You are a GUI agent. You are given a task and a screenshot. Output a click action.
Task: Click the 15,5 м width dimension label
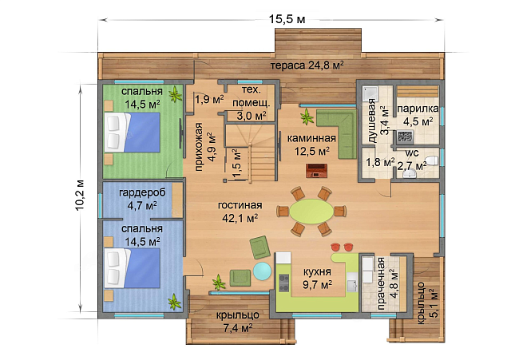[287, 19]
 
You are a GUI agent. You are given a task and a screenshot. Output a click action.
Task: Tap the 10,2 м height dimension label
[80, 195]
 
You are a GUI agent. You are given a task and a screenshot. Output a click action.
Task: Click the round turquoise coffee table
[262, 271]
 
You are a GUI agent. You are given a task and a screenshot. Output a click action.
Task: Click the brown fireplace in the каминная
[316, 170]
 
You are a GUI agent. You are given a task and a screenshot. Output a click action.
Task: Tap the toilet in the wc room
[432, 160]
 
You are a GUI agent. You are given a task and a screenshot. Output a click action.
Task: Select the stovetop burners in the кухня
[283, 283]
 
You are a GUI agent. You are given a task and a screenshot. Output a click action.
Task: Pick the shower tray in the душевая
[370, 93]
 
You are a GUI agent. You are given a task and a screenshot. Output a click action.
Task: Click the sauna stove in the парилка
[405, 136]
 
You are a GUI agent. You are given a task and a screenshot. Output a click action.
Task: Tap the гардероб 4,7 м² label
[142, 199]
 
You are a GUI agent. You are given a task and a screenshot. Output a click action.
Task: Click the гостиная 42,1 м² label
[240, 212]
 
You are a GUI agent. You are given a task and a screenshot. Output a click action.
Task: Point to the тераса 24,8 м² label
[307, 65]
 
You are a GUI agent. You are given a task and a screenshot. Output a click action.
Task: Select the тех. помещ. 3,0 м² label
[252, 102]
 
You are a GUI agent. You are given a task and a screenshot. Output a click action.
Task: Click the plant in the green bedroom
[176, 94]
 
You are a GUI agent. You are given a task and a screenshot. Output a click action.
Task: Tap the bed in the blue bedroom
[133, 268]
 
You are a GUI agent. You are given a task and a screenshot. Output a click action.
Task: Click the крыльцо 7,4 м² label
[238, 322]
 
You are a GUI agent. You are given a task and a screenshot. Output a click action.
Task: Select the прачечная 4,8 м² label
[388, 283]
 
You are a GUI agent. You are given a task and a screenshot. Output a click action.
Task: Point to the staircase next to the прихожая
[252, 152]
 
